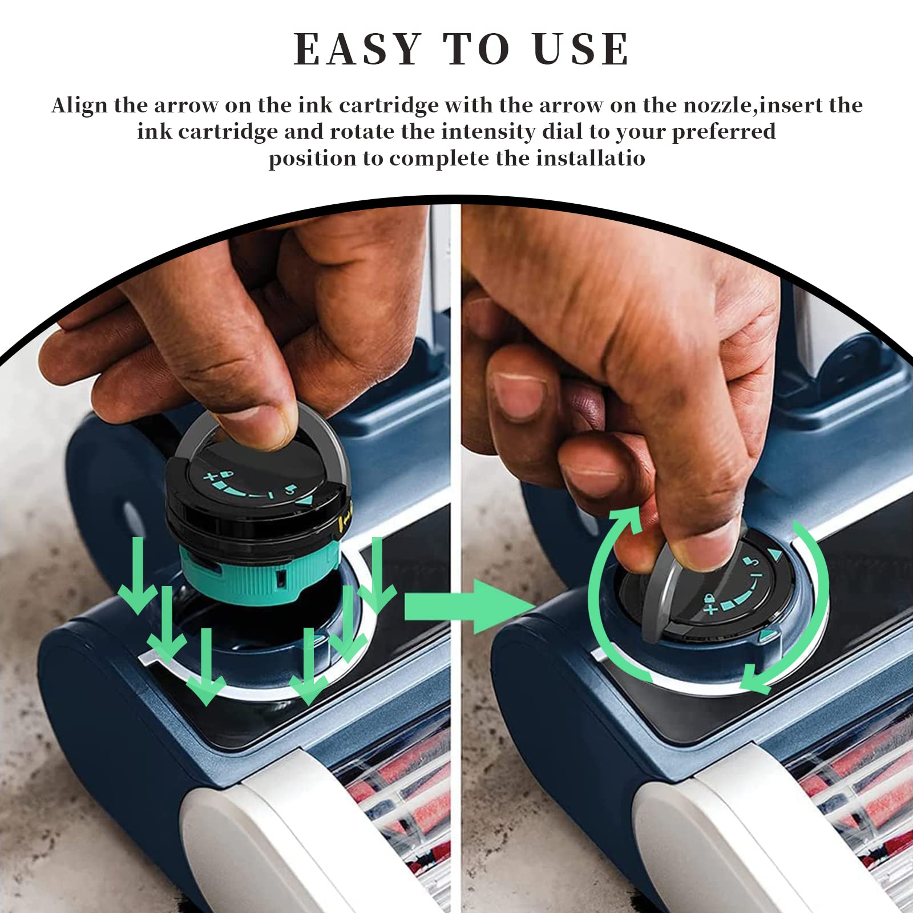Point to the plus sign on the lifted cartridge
tap(212, 476)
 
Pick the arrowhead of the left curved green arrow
tap(626, 516)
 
